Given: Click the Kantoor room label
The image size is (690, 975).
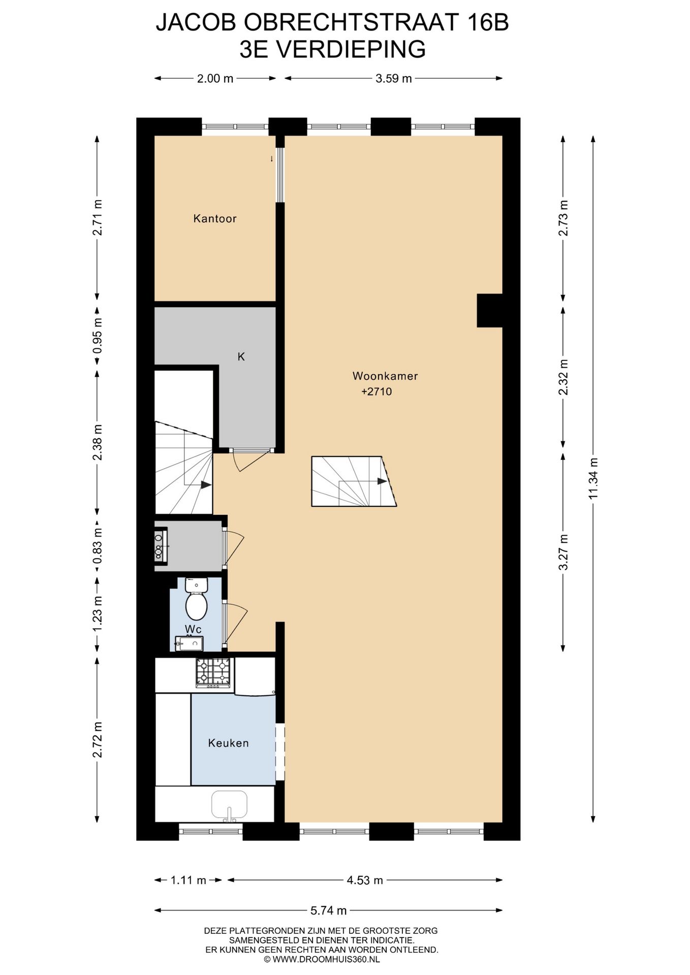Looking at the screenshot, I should coord(214,219).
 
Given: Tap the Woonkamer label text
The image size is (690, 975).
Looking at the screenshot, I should coord(385,376).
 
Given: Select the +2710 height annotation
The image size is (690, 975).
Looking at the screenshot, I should coord(377,392).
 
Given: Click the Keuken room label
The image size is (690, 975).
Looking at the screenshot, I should coord(228,743).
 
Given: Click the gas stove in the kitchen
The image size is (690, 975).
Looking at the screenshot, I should coord(213,672).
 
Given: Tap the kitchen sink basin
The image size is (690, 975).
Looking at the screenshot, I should coord(229,803).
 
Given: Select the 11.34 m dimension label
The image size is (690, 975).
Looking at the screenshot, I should coord(593,478).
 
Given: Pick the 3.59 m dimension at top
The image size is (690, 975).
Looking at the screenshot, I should coord(393,78).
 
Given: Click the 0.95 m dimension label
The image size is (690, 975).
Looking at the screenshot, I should coord(98,336).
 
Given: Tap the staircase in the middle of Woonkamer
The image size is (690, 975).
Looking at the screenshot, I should coord(354,481).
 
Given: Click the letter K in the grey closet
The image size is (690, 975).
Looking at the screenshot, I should coord(241,357).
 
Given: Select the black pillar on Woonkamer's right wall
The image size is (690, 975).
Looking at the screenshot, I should coord(489,310).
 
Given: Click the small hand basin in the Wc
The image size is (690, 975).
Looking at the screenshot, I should coord(189,644).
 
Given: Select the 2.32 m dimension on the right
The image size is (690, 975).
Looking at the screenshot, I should coord(563,376).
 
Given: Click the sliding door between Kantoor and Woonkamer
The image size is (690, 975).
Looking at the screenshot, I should coord(279,175).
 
